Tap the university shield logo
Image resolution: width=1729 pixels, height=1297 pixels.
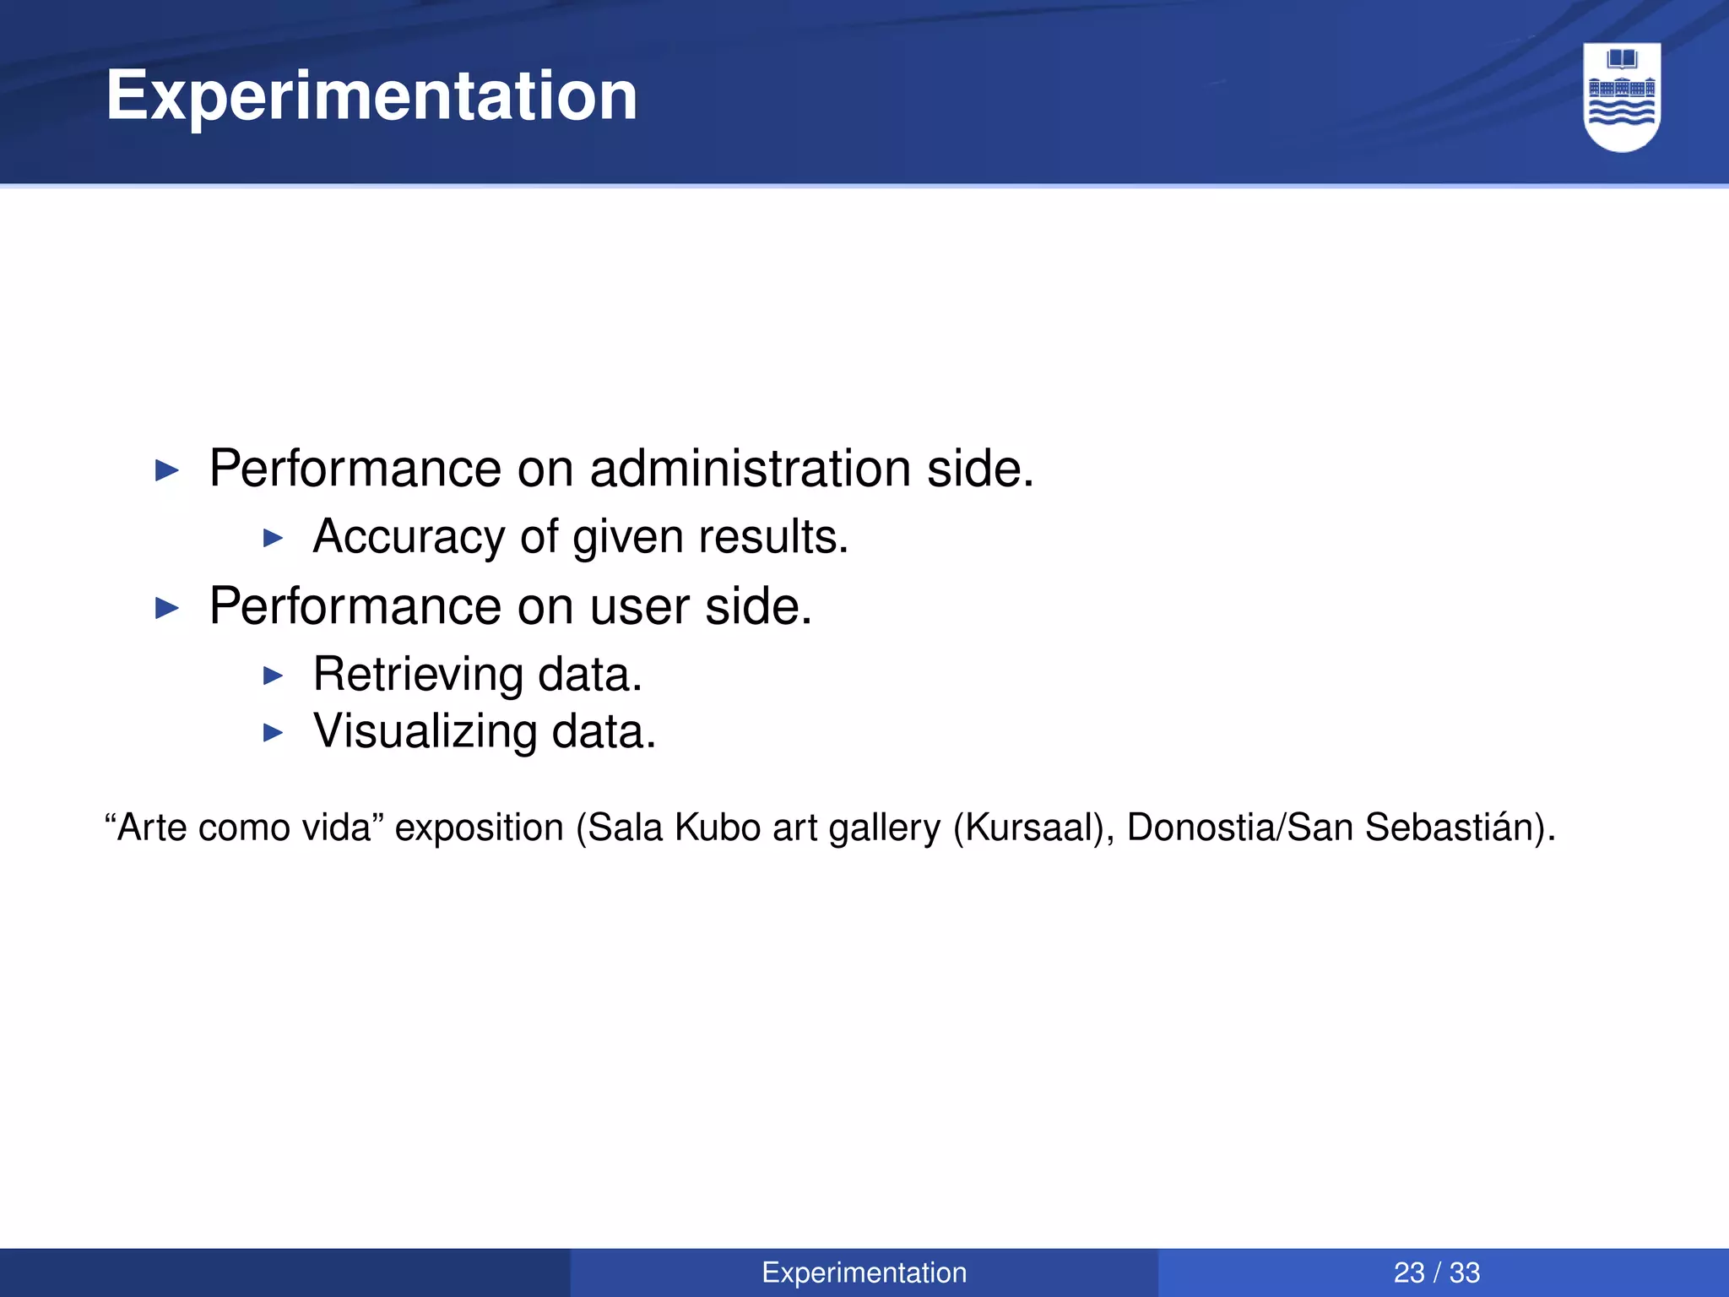tap(1622, 97)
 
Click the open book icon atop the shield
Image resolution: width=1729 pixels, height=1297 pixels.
tap(1622, 59)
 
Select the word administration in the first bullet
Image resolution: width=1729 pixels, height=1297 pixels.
tap(751, 469)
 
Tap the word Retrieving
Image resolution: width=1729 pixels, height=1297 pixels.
tap(418, 675)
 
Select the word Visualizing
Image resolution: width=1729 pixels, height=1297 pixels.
tap(425, 731)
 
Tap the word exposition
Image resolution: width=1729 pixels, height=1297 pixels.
tap(479, 828)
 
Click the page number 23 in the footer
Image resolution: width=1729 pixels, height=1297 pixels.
tap(1409, 1273)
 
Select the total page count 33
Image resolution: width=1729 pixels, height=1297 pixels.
tap(1465, 1273)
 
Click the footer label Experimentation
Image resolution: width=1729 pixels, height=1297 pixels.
tap(864, 1273)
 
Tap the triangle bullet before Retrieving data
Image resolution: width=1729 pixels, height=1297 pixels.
tap(273, 676)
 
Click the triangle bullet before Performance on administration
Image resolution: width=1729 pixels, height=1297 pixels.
tap(168, 470)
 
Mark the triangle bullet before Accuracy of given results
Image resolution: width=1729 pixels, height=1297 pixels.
tap(273, 538)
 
